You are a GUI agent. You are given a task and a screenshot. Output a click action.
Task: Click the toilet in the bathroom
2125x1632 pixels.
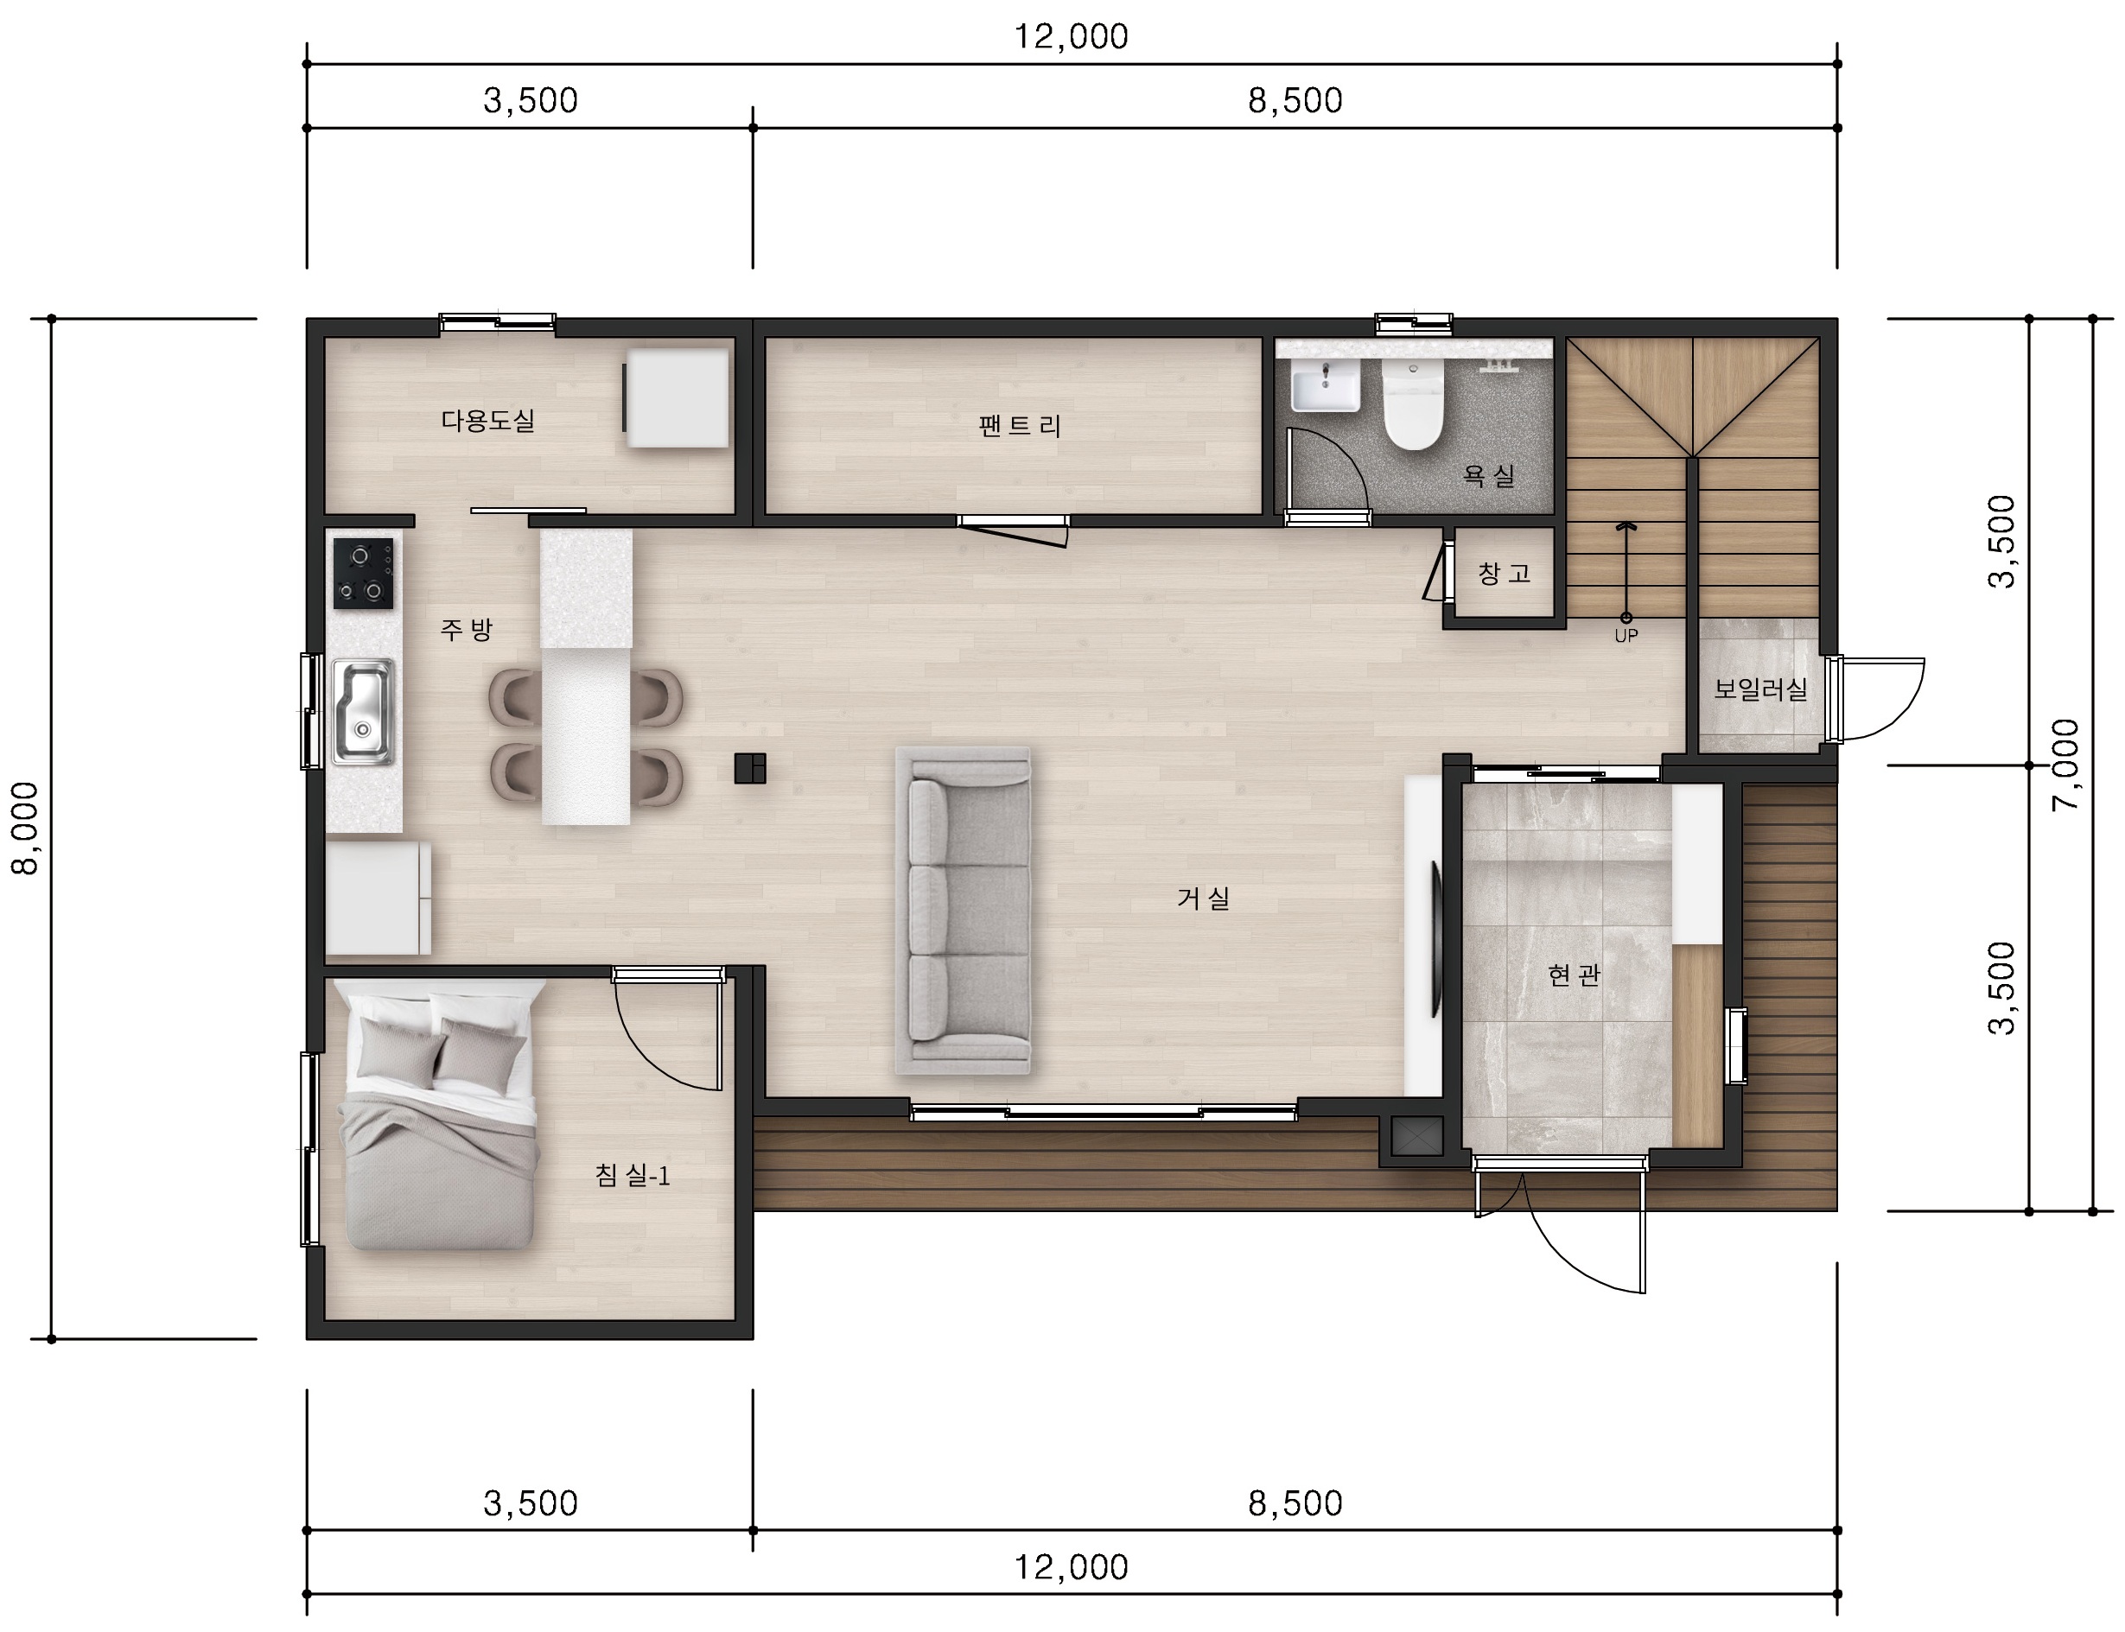point(1413,405)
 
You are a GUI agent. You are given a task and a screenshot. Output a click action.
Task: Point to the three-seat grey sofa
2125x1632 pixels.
point(963,911)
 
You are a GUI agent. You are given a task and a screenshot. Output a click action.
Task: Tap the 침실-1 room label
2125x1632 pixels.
point(633,1176)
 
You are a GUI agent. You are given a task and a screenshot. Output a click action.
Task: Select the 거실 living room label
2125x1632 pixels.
point(1203,898)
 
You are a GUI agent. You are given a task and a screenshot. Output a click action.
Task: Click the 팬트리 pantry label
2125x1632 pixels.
point(1019,425)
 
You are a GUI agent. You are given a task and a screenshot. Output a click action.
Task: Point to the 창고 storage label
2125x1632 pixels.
point(1505,573)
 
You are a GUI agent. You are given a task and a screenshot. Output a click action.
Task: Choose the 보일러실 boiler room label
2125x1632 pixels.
point(1759,689)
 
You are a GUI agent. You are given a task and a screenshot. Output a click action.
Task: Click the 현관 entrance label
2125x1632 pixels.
point(1573,975)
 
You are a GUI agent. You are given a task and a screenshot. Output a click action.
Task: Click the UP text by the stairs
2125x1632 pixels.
point(1626,636)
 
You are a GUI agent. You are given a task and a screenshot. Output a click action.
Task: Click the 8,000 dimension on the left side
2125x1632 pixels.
point(24,829)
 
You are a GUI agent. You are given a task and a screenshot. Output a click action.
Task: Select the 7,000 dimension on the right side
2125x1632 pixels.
point(2065,765)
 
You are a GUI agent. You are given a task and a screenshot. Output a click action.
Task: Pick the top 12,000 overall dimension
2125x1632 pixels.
point(1071,37)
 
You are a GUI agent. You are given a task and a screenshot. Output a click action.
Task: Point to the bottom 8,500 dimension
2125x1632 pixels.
point(1295,1504)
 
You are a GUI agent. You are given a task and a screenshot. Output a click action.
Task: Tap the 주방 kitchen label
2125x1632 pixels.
point(467,630)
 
